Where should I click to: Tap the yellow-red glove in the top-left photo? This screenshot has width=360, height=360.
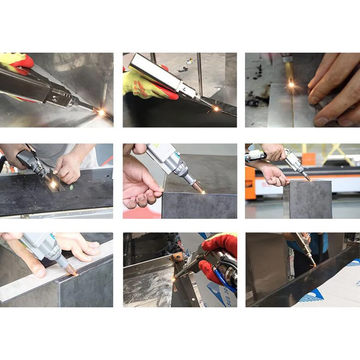[x=16, y=63]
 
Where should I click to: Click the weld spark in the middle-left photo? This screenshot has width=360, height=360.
[x=53, y=184]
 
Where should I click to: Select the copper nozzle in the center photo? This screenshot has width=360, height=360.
[x=196, y=186]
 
